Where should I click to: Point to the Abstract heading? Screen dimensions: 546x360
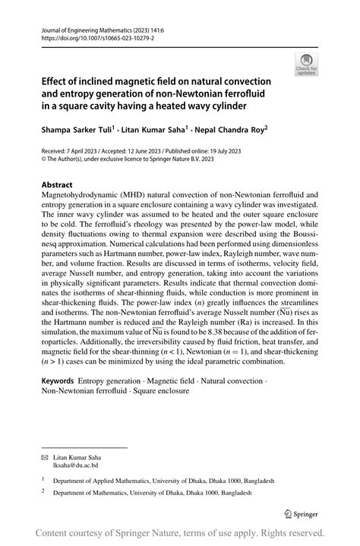[58, 185]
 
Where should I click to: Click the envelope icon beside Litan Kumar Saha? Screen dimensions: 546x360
[44, 458]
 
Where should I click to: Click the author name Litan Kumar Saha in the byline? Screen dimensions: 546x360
[160, 129]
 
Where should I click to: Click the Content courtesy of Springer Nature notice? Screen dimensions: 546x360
[180, 532]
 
